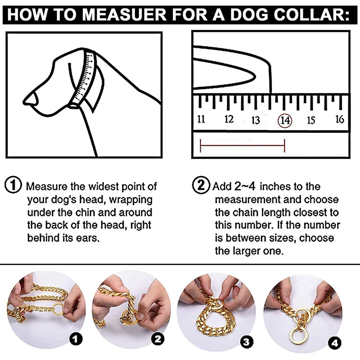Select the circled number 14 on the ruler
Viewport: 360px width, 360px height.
coord(285,120)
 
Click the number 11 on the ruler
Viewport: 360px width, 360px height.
coord(201,119)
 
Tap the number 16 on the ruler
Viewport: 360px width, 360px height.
coord(340,119)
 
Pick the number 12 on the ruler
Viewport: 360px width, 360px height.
coord(229,119)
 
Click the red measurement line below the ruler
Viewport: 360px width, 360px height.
coord(242,145)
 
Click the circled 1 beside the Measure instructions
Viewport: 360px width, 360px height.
coord(13,185)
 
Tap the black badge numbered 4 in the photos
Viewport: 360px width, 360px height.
coord(334,343)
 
